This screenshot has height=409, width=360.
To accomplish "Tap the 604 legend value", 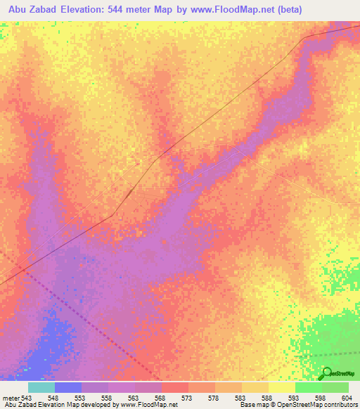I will coord(345,398).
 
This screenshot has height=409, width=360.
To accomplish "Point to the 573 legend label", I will coord(186,398).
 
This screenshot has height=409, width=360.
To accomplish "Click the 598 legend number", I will coord(319,398).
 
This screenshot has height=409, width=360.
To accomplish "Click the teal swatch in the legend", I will coord(41,387).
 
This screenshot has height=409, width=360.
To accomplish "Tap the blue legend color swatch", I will coord(68,387).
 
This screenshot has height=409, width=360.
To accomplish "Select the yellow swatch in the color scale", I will coord(282,387).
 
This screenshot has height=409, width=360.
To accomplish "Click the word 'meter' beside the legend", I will coord(11,398).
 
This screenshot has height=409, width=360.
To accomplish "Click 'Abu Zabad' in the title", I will coord(34,10).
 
